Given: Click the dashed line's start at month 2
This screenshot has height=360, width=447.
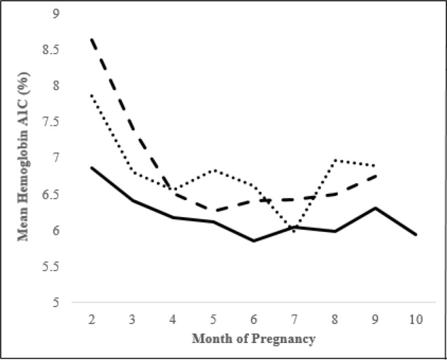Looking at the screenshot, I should point(91,39).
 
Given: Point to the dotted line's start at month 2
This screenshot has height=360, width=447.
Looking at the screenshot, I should point(91,94).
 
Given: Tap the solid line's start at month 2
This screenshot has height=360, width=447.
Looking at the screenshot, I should point(91,167).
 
